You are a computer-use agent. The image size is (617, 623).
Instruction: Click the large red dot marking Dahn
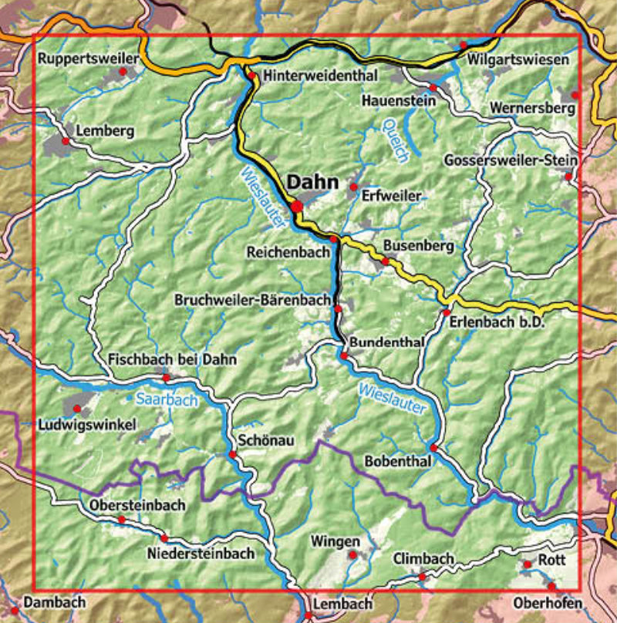297,207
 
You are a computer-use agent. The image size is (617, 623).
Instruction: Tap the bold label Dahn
312,182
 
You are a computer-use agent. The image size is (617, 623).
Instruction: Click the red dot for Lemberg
66,142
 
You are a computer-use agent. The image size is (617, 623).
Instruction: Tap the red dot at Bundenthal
344,355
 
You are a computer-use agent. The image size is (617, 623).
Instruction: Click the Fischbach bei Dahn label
173,359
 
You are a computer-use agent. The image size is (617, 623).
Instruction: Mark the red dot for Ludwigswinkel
76,406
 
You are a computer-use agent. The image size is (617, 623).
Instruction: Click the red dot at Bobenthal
433,448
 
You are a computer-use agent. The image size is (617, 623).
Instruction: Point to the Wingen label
335,540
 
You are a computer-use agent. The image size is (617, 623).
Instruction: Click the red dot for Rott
528,565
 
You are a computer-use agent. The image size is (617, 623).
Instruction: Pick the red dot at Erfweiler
353,187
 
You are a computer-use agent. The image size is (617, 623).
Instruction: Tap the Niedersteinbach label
201,554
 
